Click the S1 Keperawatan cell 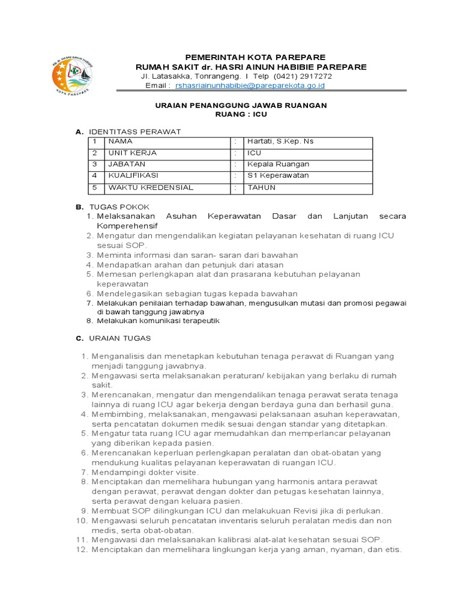pos(278,176)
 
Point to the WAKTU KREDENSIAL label pos(151,187)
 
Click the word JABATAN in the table pos(127,165)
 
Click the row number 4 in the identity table pos(95,176)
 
